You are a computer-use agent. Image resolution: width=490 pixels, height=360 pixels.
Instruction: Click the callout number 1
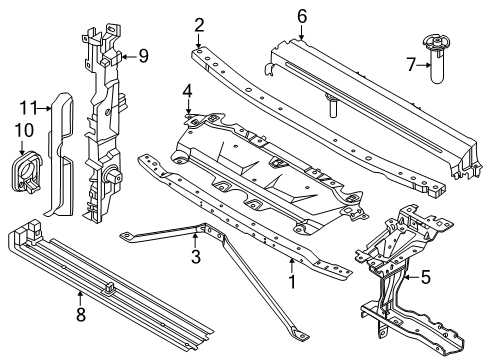292,282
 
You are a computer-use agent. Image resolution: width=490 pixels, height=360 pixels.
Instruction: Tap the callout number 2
199,25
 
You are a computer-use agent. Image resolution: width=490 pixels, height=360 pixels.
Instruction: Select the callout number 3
196,257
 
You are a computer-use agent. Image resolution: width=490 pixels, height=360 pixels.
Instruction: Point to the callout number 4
188,91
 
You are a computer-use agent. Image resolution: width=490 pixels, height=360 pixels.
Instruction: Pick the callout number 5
426,277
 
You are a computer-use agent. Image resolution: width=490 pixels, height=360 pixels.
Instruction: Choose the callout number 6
302,17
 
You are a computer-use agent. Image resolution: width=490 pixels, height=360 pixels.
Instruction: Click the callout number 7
411,65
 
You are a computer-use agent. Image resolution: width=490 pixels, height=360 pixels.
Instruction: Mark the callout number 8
81,314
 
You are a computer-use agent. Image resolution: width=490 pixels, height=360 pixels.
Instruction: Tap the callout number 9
143,56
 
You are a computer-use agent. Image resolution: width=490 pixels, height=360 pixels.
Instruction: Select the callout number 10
24,130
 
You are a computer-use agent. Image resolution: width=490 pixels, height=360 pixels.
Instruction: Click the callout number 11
28,108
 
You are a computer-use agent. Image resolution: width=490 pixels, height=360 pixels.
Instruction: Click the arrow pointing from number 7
424,65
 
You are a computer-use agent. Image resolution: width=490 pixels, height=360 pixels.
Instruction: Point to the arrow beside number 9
129,57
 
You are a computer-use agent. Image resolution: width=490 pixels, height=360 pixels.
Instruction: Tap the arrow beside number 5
411,277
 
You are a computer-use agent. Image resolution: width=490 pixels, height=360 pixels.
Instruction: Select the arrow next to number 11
44,108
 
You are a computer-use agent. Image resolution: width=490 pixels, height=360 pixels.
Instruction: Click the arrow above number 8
80,299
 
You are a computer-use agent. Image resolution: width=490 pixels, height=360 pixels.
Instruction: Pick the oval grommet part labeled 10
26,172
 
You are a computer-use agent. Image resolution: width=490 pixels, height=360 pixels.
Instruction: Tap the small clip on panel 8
110,287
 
